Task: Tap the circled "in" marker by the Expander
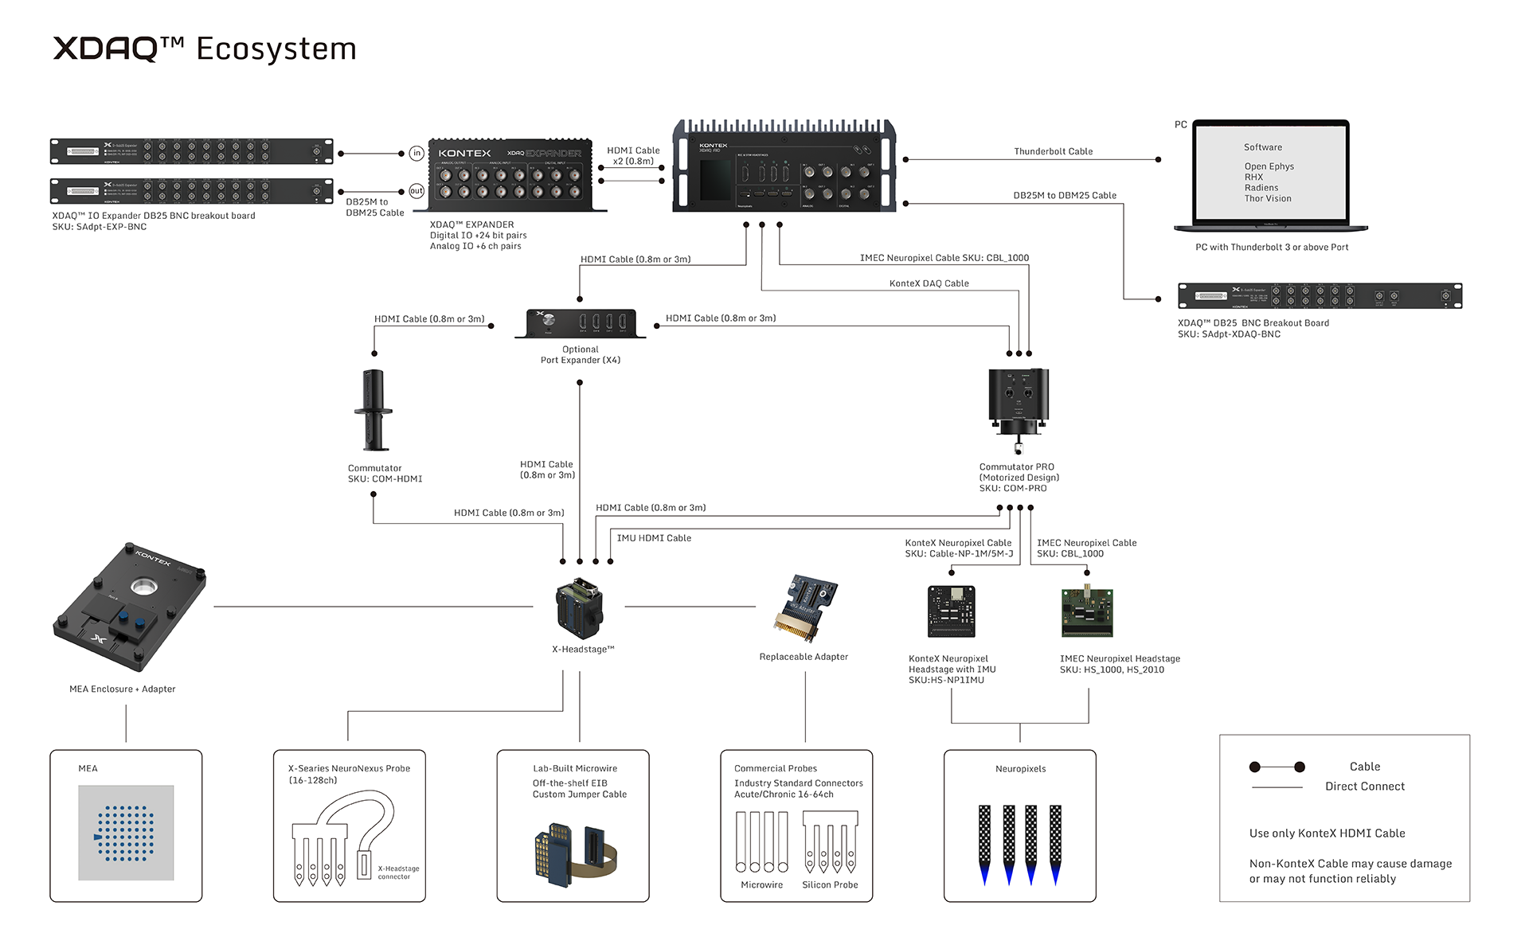[416, 153]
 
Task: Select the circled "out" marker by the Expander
[416, 191]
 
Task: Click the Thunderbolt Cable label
[1053, 151]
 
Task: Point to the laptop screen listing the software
[1271, 173]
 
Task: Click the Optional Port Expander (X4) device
[581, 323]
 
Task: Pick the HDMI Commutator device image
[373, 410]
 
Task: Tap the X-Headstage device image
[580, 608]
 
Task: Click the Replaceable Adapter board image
[806, 608]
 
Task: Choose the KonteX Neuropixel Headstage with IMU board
[952, 611]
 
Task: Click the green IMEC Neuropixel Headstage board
[1087, 612]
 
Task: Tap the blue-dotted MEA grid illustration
[126, 833]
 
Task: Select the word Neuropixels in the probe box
[1020, 769]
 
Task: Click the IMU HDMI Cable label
[654, 538]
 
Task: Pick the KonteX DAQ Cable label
[929, 283]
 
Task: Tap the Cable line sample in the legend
[1277, 767]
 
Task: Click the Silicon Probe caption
[830, 885]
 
